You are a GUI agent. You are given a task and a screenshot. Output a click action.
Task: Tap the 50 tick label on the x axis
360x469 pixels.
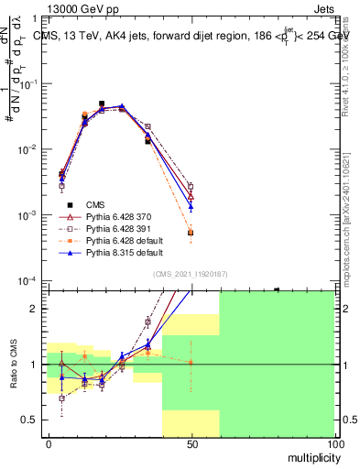[191, 443]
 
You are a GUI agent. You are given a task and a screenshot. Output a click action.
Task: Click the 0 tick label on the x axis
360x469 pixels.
[49, 443]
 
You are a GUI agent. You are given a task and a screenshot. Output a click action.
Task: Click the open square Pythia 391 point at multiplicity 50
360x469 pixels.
[191, 186]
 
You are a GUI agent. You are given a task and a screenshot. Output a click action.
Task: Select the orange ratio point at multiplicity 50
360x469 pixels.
[191, 363]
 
